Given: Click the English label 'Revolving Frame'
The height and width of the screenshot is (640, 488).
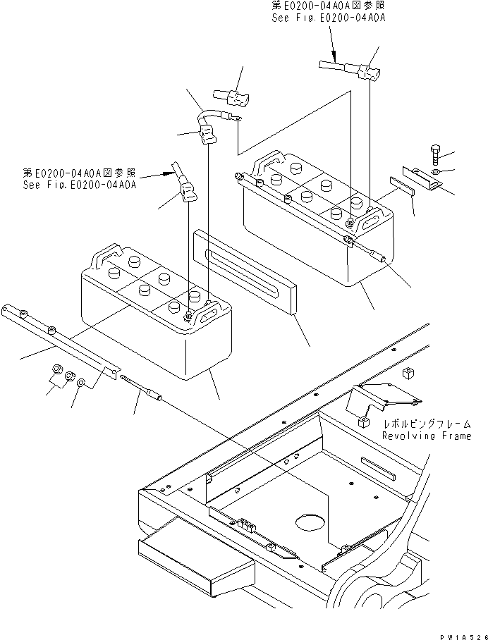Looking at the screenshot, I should click(x=426, y=436).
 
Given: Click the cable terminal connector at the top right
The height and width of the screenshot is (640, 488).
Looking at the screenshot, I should click(x=370, y=71).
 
